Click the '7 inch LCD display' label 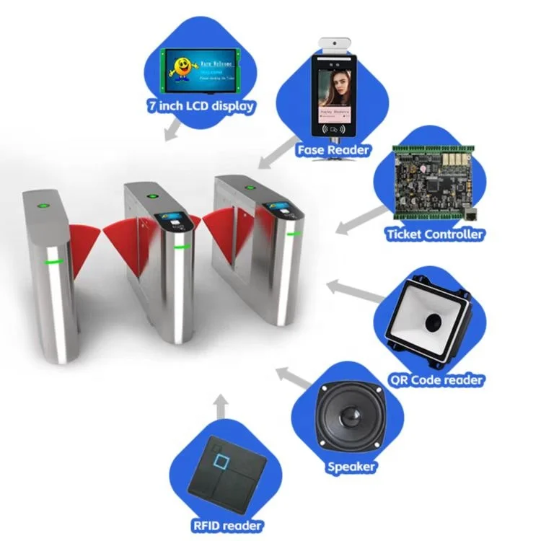[202, 107]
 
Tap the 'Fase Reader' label [333, 150]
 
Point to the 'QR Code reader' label [436, 379]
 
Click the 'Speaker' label [351, 467]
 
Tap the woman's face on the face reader [336, 85]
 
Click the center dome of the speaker [349, 418]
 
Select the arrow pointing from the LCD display [172, 131]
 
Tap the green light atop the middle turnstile [152, 196]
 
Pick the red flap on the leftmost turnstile [82, 245]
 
